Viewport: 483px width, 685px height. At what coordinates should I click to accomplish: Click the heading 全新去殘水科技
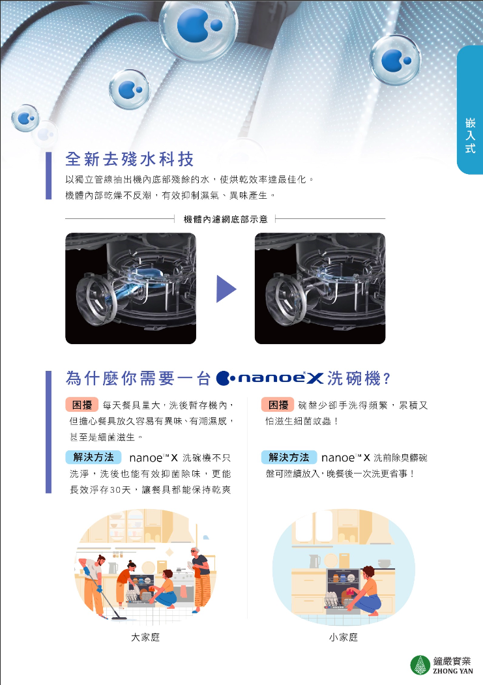(x=129, y=159)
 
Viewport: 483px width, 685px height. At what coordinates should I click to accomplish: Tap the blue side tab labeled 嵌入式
(x=470, y=109)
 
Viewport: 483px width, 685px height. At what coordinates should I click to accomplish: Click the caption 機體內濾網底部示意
(x=226, y=219)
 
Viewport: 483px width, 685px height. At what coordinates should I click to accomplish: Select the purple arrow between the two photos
(x=226, y=288)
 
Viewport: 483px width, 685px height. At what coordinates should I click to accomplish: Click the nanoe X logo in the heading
(x=270, y=378)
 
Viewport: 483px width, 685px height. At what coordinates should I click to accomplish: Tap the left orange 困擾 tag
(x=82, y=405)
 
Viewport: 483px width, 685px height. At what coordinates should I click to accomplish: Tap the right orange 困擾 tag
(x=278, y=405)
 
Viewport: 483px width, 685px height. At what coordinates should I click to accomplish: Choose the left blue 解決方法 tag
(x=93, y=458)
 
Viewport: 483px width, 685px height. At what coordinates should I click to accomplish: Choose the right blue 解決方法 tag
(x=289, y=458)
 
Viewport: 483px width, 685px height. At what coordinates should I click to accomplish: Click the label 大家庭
(x=145, y=637)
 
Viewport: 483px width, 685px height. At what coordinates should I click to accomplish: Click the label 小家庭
(x=344, y=637)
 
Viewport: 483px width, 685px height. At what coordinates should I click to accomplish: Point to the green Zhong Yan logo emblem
(x=420, y=665)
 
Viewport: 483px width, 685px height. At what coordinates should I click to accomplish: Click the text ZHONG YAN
(x=453, y=671)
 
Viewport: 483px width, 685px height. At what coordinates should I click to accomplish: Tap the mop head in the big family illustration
(x=118, y=618)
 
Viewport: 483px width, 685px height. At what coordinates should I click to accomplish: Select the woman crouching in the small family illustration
(x=364, y=590)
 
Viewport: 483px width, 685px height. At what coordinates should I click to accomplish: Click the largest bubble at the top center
(x=198, y=25)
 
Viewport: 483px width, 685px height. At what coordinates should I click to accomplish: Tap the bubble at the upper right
(x=395, y=60)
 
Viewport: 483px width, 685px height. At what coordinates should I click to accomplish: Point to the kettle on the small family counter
(x=314, y=561)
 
